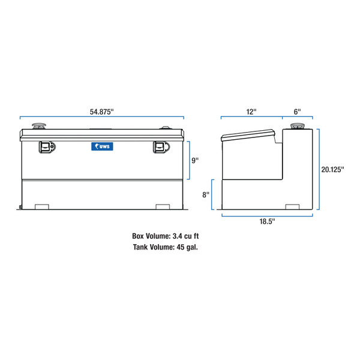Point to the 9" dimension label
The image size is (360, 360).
pos(195,161)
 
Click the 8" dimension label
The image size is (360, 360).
pos(205,194)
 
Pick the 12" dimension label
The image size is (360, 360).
pos(251,112)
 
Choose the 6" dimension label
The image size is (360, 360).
pos(298,112)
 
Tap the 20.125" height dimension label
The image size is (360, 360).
pos(332,169)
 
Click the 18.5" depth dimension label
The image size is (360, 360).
pos(267,221)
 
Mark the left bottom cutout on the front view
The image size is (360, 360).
pos(42,207)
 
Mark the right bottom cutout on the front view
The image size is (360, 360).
pos(163,207)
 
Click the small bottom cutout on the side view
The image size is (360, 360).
pos(293,207)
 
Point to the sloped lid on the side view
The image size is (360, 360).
pos(249,135)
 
